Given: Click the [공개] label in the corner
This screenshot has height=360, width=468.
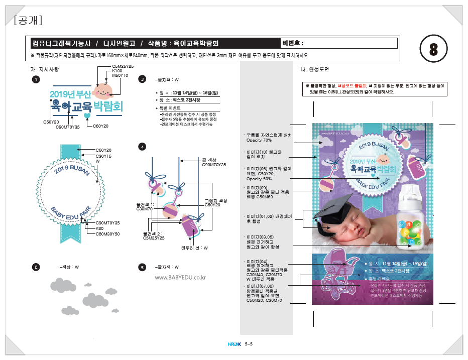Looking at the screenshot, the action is point(28,20).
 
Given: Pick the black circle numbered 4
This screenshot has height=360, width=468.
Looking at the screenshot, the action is point(143,147).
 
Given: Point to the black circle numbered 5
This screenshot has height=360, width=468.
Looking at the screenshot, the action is point(143,267).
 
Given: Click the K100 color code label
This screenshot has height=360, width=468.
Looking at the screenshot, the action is point(117,71).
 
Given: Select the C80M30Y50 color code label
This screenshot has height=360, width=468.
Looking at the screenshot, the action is point(107,234).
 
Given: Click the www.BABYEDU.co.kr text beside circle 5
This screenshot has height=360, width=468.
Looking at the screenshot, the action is point(180,278).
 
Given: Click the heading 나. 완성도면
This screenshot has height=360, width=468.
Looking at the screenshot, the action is point(314,69).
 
